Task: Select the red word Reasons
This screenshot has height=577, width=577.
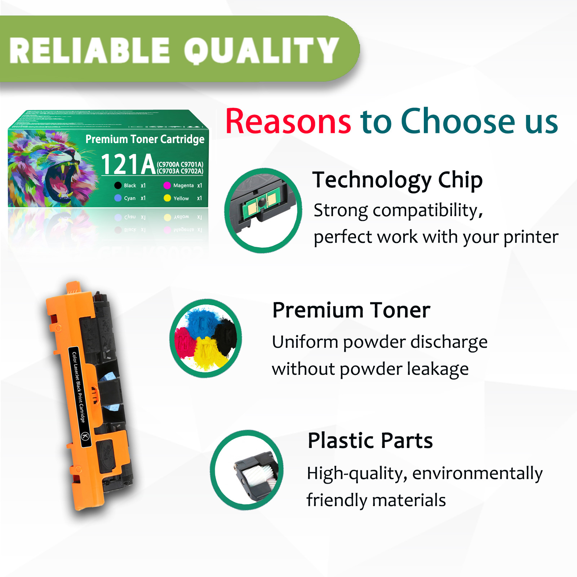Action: point(288,121)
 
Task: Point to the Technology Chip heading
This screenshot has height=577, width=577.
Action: point(397,180)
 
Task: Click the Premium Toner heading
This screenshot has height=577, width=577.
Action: point(351,310)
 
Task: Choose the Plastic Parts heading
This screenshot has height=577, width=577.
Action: point(370,440)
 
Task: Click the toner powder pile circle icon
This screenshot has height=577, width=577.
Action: point(206,338)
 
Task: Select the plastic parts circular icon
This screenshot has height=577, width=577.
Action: point(247,470)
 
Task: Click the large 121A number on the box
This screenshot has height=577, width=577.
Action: point(128,164)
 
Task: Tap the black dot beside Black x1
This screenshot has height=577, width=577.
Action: point(118,186)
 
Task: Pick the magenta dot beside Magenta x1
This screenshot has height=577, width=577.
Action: point(167,186)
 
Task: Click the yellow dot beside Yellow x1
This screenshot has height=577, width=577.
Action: point(167,198)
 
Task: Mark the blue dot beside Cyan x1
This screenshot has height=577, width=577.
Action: point(118,198)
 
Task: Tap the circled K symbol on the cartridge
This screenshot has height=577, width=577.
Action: point(85,436)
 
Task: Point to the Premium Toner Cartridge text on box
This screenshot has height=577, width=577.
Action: point(145,139)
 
